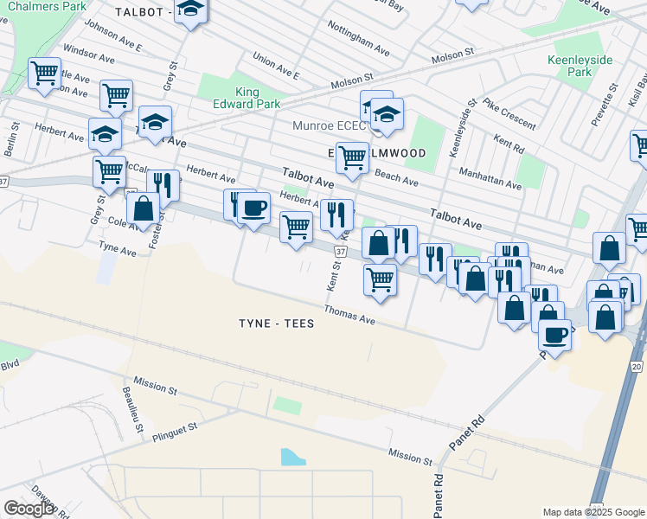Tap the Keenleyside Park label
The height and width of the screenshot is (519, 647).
coord(580,66)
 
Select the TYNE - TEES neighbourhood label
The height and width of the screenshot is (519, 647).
coord(276,324)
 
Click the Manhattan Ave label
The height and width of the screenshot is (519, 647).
coord(490,179)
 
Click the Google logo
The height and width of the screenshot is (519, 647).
coord(29,509)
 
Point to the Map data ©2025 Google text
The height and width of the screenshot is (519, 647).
coord(592,512)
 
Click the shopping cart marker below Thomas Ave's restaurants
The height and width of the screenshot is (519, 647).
coord(381,280)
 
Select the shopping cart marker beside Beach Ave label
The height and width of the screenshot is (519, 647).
coord(352,158)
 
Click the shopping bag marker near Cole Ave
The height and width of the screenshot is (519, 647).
coord(143,208)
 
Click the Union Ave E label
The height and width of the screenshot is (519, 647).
coord(275,65)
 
